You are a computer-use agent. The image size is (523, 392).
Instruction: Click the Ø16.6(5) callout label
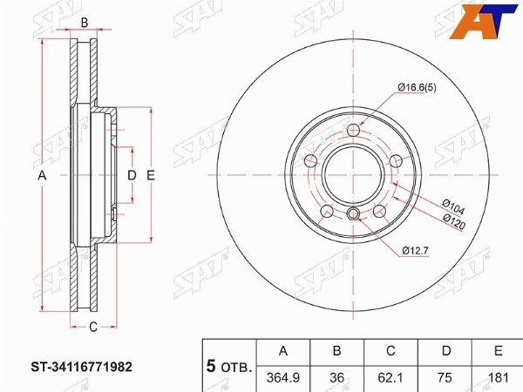(x=417, y=88)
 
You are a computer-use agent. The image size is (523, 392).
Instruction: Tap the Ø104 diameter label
(x=453, y=206)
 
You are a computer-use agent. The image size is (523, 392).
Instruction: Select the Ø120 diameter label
(x=453, y=221)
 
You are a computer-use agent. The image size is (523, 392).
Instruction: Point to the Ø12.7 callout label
(x=415, y=251)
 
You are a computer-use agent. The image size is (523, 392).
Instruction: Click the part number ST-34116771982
(x=82, y=367)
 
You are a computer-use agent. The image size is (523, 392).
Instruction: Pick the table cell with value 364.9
(x=283, y=378)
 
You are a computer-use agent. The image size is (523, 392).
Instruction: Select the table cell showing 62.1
(x=391, y=378)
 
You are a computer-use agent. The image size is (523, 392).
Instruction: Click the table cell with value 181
(x=498, y=378)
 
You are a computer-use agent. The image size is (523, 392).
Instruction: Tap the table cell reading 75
(x=445, y=378)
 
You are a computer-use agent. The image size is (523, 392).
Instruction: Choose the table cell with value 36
(x=336, y=378)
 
